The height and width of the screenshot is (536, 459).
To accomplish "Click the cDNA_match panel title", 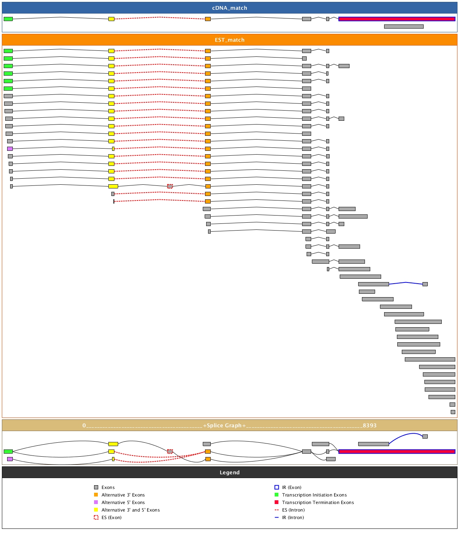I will (229, 8).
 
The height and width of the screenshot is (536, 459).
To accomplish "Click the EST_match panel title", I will (229, 40).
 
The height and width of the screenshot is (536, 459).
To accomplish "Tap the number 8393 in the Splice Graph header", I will (369, 425).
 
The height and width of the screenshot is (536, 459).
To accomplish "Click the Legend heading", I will (229, 472).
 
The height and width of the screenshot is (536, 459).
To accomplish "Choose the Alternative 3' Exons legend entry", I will (123, 495).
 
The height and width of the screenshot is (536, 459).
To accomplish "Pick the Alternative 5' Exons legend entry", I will (123, 503).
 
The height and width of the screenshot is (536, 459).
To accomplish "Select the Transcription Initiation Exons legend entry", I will (314, 495).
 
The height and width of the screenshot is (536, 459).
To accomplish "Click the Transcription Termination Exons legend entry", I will (318, 503).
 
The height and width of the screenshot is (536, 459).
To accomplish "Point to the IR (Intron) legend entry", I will (293, 518).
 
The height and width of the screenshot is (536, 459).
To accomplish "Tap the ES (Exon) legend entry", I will (111, 518).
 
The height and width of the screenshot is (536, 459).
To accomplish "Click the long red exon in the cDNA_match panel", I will (397, 19).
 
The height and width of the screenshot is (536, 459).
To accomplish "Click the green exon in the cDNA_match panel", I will (8, 19).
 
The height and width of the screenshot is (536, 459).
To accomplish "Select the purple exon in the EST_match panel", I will (10, 149).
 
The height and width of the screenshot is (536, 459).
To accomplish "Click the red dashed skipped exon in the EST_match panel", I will (170, 186).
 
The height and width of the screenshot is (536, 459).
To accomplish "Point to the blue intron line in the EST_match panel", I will (406, 283).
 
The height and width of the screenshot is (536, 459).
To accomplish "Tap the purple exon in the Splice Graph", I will (10, 459).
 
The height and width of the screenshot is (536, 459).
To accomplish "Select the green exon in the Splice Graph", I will (8, 451).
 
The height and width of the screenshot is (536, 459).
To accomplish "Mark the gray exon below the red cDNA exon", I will (404, 26).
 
